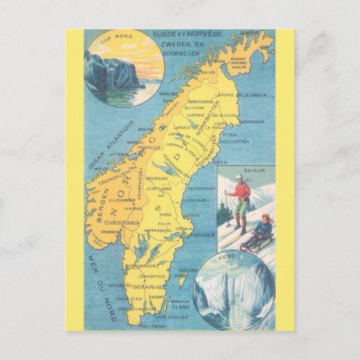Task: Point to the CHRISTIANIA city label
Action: [x=140, y=222]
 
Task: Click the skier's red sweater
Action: [x=238, y=192]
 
